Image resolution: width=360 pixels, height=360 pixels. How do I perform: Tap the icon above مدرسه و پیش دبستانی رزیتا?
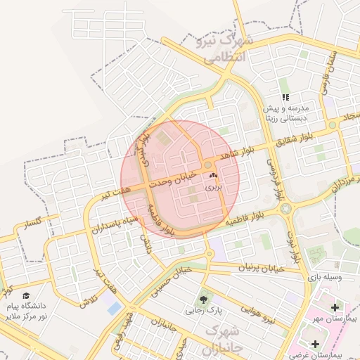coord(285,98)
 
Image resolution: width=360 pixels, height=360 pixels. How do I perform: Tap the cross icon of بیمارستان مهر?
coord(334,307)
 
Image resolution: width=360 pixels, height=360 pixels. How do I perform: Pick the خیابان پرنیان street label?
coord(258,269)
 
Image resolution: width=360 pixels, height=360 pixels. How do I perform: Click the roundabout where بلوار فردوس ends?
coord(285,208)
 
